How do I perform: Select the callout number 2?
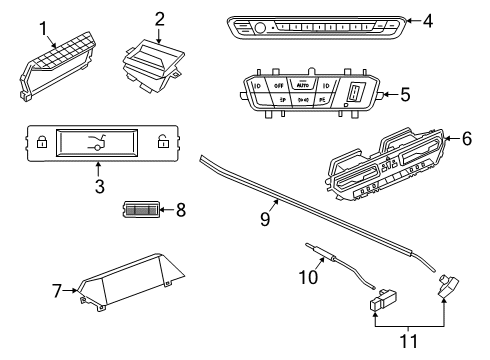pyautogui.click(x=159, y=18)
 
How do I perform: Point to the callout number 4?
pyautogui.click(x=427, y=20)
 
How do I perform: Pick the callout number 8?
pyautogui.click(x=179, y=210)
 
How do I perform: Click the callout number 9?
pyautogui.click(x=265, y=219)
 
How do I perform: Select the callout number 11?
pyautogui.click(x=404, y=341)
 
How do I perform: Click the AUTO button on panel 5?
pyautogui.click(x=301, y=87)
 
